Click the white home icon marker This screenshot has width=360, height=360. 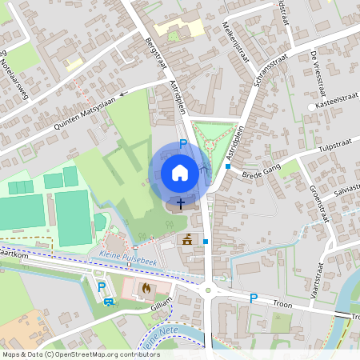pyautogui.click(x=180, y=173)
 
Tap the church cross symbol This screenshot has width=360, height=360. pyautogui.click(x=180, y=203)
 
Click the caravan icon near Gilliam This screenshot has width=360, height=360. pyautogui.click(x=109, y=302)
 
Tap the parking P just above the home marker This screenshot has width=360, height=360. pyautogui.click(x=183, y=144)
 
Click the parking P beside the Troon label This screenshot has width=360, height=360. pyautogui.click(x=254, y=298)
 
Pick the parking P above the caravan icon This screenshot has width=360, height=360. pyautogui.click(x=101, y=286)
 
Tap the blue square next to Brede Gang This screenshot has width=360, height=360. pyautogui.click(x=227, y=167)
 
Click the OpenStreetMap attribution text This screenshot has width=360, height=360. pyautogui.click(x=80, y=354)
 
